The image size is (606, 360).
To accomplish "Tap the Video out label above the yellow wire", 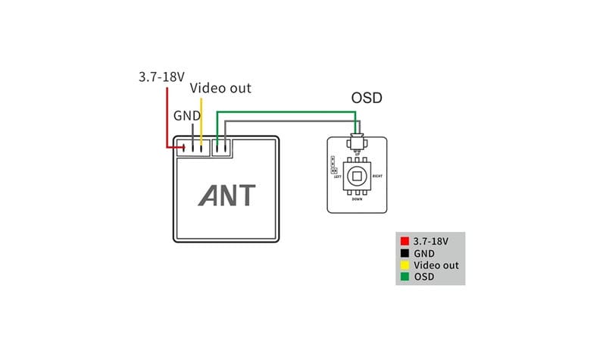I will tap(220, 88).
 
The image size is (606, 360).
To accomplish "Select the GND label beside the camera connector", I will tap(187, 116).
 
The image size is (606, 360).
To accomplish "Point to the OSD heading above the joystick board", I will tap(367, 99).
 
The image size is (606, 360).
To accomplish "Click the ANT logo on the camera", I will tap(227, 195).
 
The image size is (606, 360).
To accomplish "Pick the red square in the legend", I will tap(405, 241).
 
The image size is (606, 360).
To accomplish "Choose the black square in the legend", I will tap(405, 253).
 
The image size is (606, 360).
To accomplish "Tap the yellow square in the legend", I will tap(405, 265).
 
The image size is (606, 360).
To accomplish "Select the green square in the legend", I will tap(405, 277).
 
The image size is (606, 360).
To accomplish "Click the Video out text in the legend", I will tap(436, 265).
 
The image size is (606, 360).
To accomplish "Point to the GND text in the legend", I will tap(424, 253).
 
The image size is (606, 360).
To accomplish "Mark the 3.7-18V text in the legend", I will tap(431, 241).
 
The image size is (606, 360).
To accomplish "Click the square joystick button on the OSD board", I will tap(357, 177).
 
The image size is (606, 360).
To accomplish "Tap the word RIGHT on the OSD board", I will tap(378, 176).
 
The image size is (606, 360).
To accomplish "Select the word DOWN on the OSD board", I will tap(357, 199).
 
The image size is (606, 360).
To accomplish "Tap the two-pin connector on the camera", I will tap(221, 147).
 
